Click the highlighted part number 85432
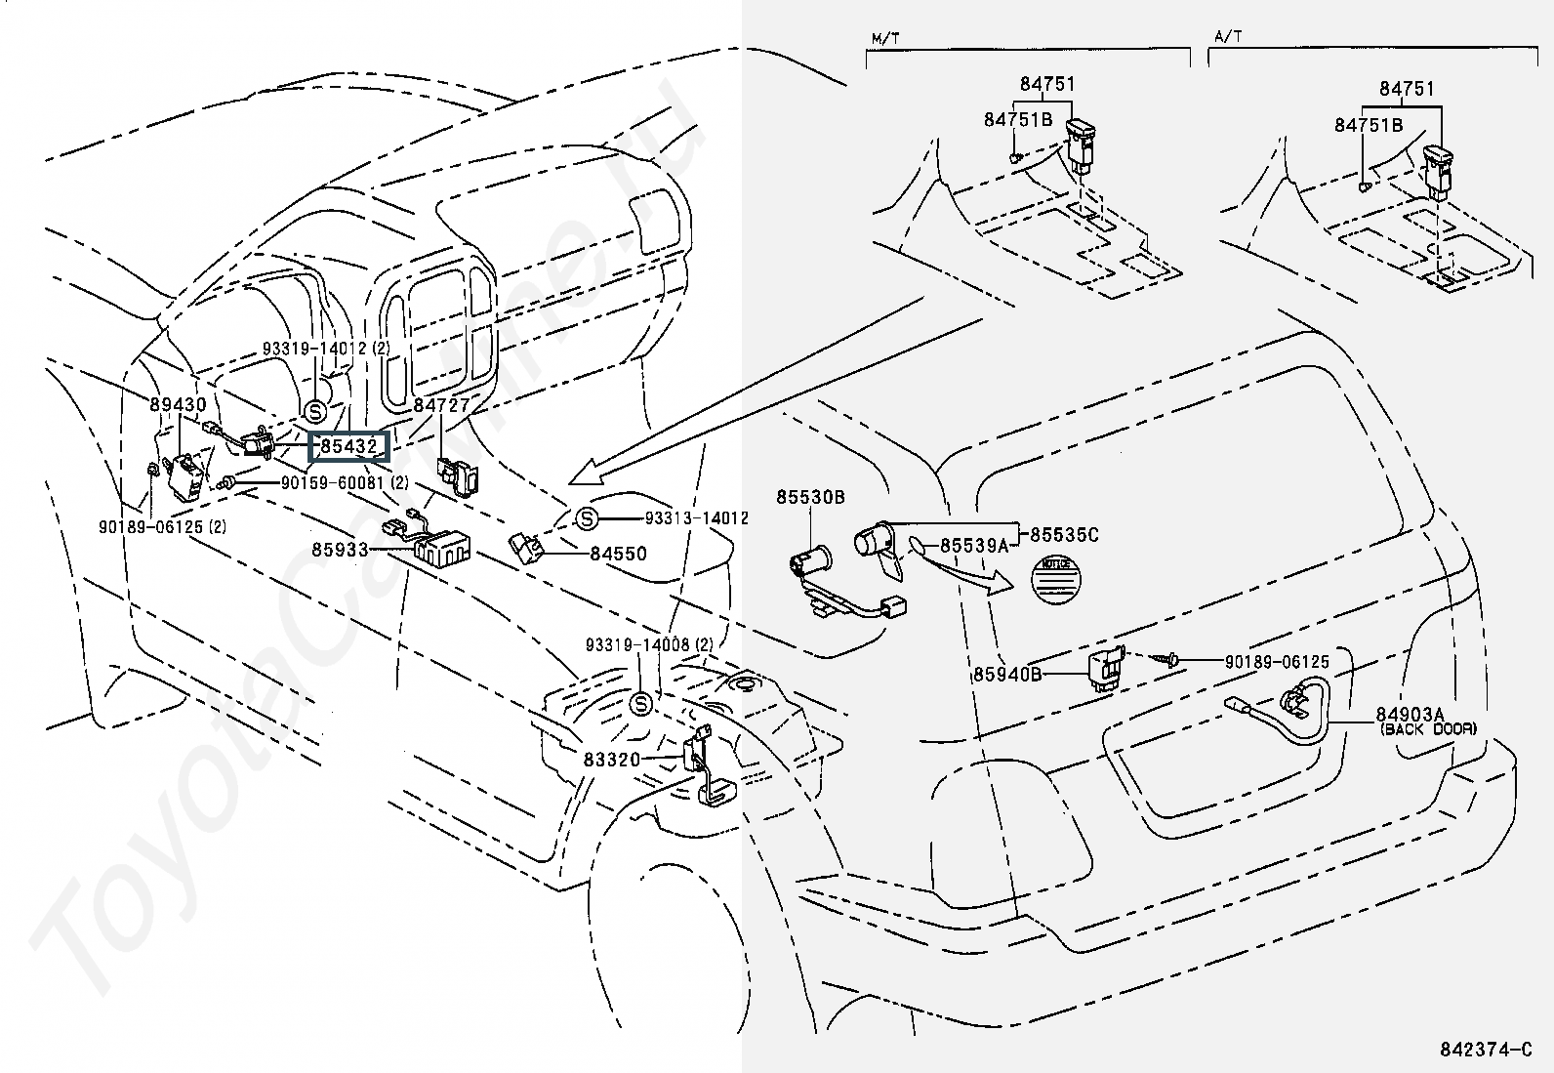[349, 446]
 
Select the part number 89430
[178, 403]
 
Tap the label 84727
[441, 404]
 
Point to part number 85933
[341, 550]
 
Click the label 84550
[618, 554]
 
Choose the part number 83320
[613, 759]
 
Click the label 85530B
[810, 497]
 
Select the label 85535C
[1064, 534]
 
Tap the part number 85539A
[973, 545]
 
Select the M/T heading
[885, 37]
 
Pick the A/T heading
[1228, 37]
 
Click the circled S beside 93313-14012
[587, 518]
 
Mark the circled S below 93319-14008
[640, 704]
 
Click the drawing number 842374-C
[1486, 1050]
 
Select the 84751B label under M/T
[1018, 119]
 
